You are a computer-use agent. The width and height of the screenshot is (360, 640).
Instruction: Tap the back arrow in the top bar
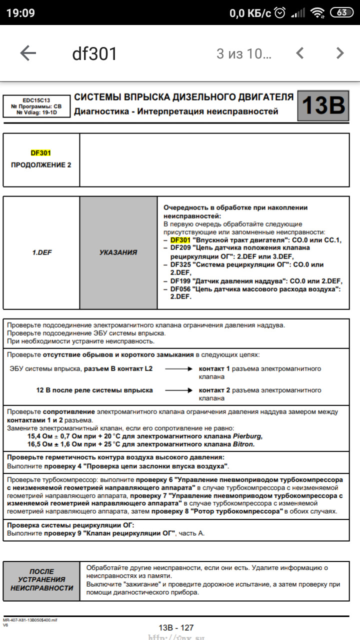point(28,53)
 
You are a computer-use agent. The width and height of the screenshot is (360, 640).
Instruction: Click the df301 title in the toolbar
point(94,54)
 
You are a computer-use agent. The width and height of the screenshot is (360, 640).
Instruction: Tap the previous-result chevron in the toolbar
point(300,53)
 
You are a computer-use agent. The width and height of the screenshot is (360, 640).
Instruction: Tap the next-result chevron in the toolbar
point(340,53)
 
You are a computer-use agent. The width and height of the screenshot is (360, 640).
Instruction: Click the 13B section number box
point(323,105)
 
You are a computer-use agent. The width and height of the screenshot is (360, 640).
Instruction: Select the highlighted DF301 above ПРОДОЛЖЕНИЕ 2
point(41,153)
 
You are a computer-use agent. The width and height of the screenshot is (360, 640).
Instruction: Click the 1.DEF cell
point(41,252)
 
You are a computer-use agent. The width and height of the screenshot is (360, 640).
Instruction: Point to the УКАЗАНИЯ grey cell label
point(118,252)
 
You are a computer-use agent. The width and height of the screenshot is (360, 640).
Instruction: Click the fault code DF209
point(180,247)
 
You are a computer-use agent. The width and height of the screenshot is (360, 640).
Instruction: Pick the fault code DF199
point(180,280)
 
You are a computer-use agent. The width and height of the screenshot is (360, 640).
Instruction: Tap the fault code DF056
point(180,289)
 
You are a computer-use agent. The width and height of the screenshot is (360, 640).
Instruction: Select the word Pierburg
point(246,436)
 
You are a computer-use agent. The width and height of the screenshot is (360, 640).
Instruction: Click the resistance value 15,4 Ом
point(42,436)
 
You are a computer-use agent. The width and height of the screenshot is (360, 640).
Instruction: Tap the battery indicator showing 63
point(342,13)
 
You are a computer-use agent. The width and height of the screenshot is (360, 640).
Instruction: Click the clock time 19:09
point(20,13)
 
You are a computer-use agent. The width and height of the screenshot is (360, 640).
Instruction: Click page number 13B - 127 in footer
point(176,627)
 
